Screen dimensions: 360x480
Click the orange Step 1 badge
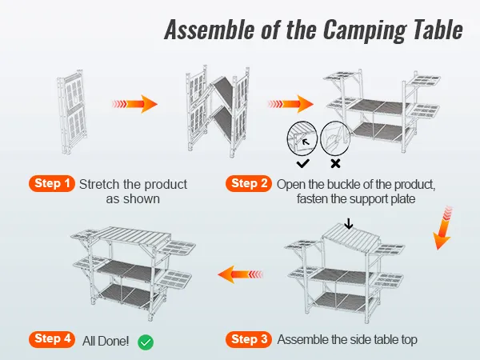52,184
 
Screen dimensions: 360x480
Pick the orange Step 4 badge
52,339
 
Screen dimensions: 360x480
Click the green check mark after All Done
146,342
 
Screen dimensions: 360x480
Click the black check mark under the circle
302,162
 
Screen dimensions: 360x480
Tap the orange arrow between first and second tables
134,104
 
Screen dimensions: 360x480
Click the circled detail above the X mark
335,138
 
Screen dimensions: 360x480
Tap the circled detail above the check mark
302,138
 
